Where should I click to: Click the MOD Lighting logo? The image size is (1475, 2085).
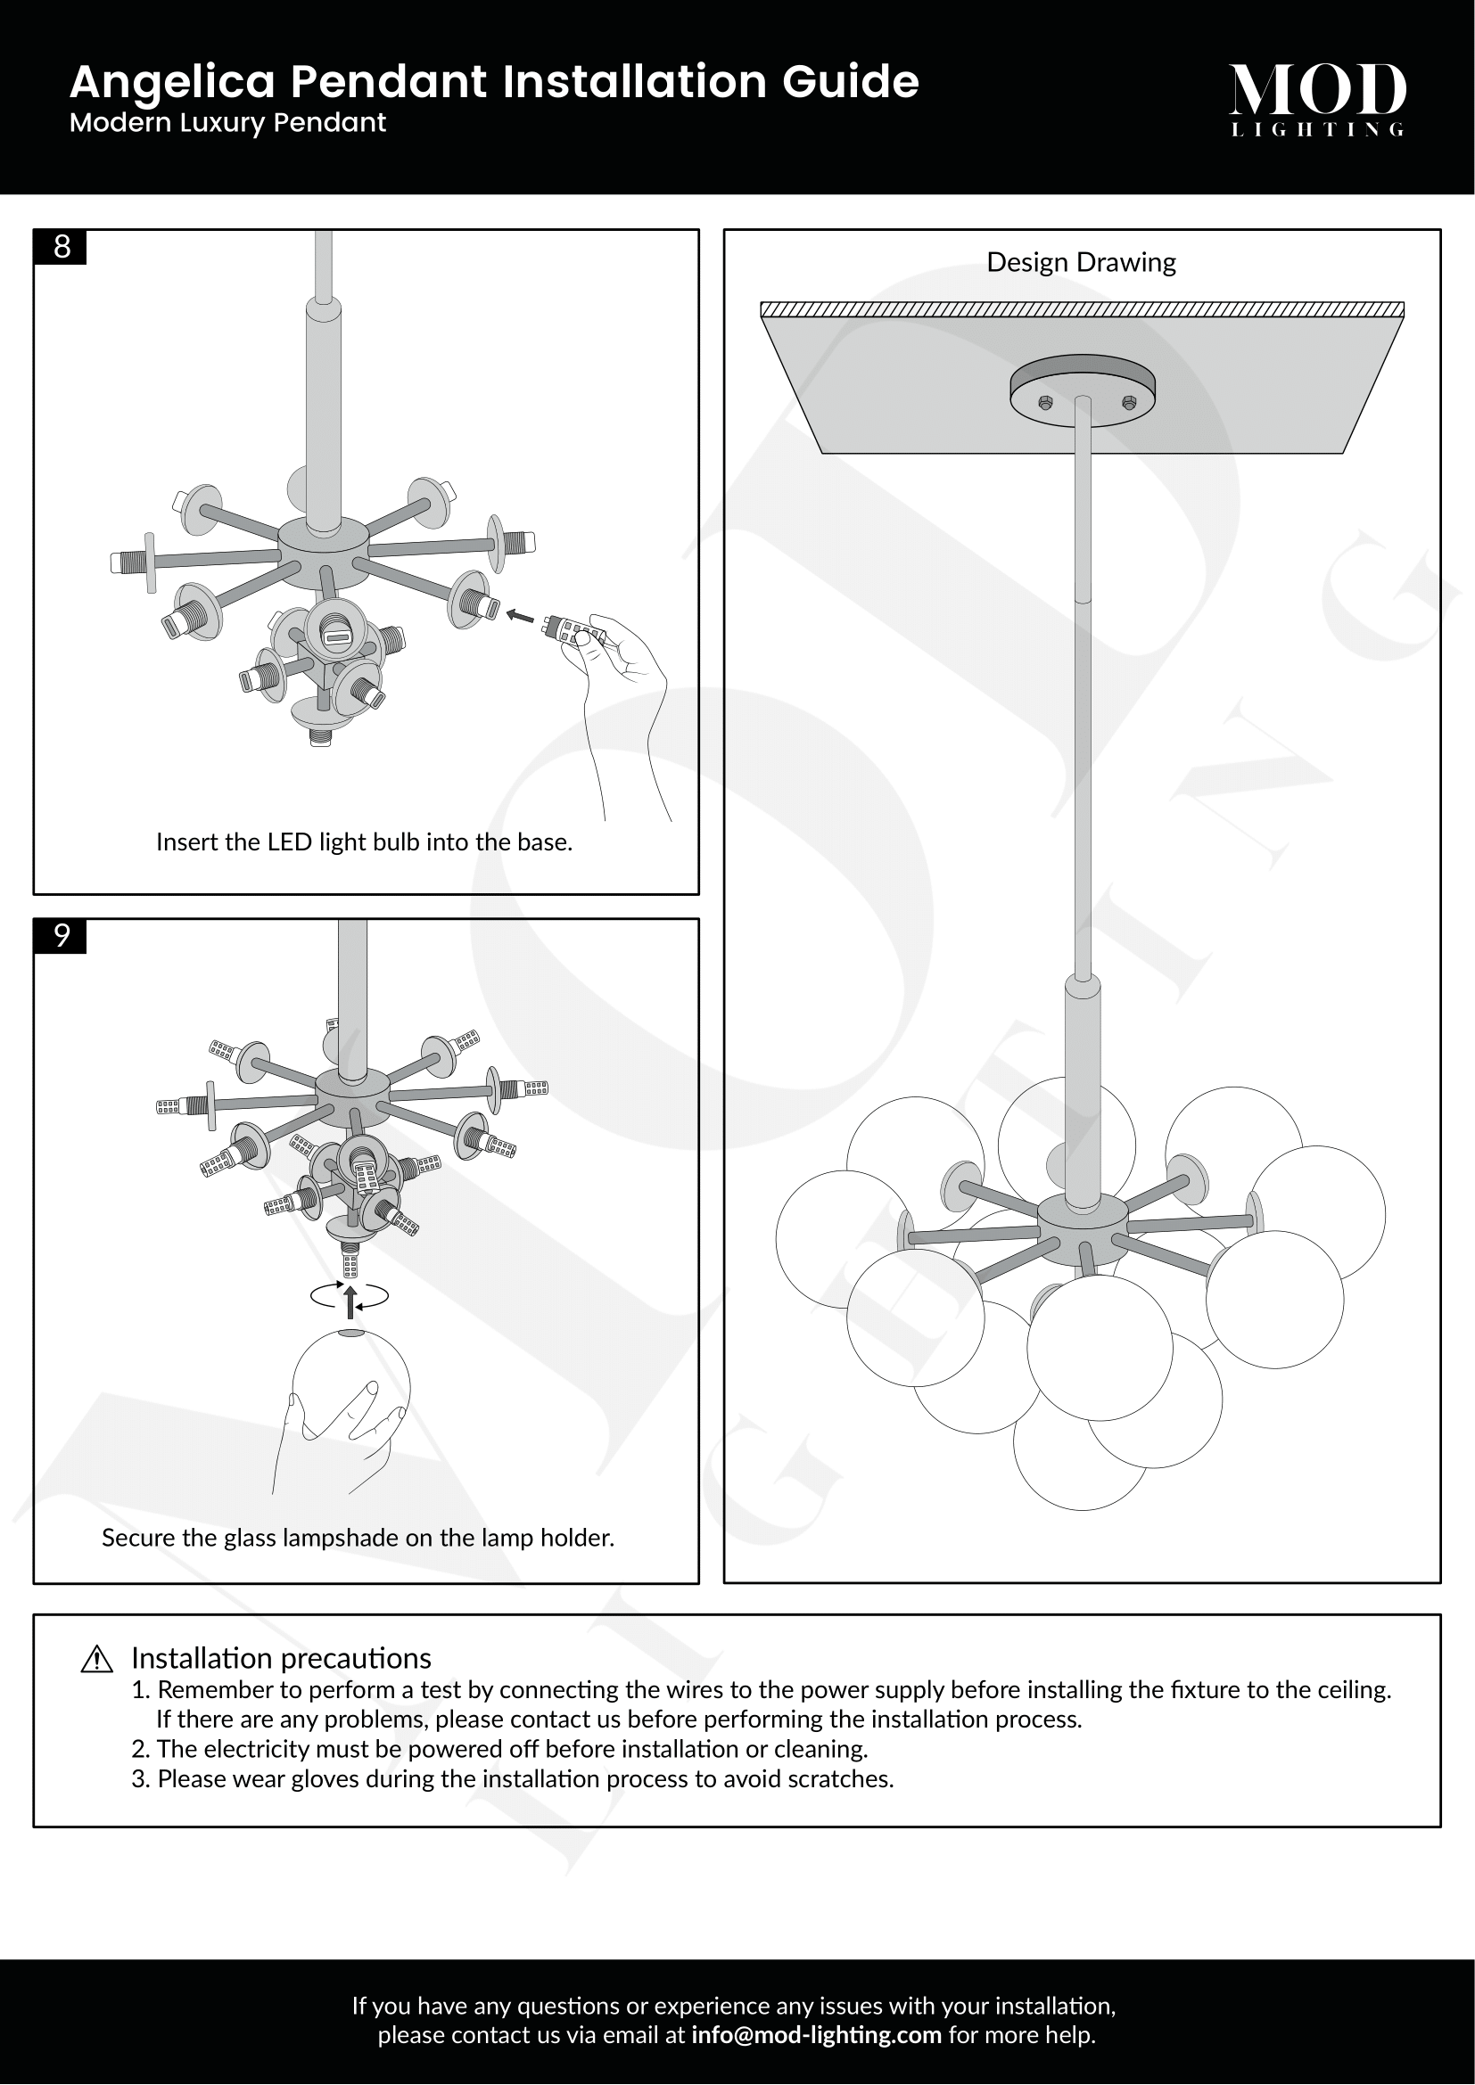(1317, 98)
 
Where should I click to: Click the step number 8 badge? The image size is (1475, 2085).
(61, 247)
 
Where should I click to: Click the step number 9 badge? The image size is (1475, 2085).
(61, 936)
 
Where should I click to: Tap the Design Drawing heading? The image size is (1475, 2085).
(1081, 262)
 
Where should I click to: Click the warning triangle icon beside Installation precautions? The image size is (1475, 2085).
(96, 1659)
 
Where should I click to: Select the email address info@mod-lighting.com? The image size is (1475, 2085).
(816, 2035)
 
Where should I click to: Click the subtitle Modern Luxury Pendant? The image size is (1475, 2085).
(227, 123)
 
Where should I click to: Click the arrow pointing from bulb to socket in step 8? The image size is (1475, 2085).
(520, 616)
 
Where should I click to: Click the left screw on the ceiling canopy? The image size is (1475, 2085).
(1045, 402)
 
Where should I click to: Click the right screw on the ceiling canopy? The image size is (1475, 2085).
(1129, 402)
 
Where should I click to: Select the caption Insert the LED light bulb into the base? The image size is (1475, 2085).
(364, 842)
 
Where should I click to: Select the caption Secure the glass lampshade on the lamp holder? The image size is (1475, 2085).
(358, 1539)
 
